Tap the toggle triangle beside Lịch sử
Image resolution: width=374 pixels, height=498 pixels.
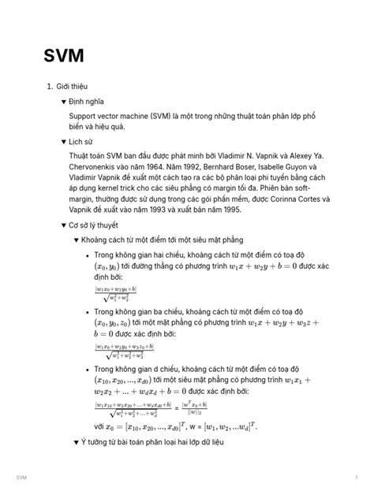(x=64, y=141)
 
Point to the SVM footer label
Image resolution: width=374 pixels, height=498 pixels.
(x=21, y=478)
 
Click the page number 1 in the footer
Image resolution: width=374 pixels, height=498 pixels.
(x=357, y=478)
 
